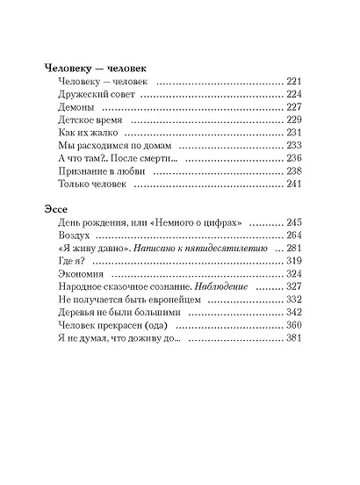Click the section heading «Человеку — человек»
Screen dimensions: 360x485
(95, 67)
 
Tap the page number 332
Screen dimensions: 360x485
(294, 300)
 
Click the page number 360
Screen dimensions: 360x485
(294, 326)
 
